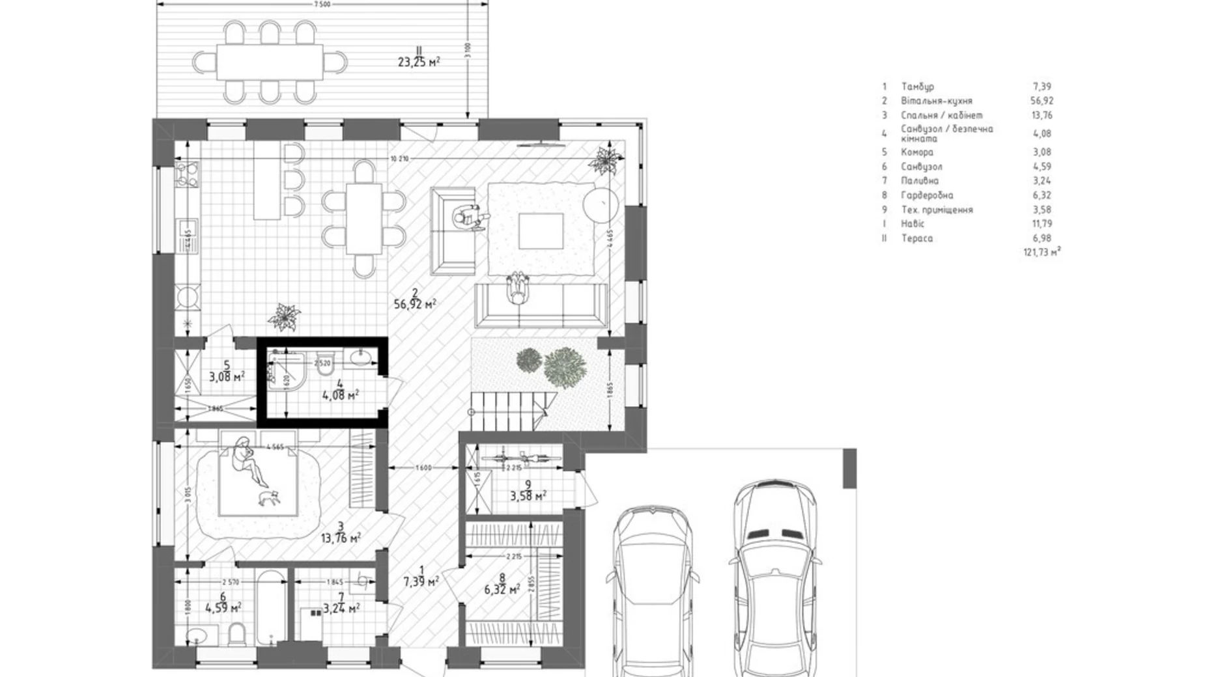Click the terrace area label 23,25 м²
418,62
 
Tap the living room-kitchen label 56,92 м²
414,304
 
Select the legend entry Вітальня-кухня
936,101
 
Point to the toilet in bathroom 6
237,633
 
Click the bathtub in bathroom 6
270,607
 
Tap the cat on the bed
268,498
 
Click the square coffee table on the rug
541,231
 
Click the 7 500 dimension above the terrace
322,4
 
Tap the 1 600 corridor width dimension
423,467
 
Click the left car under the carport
652,589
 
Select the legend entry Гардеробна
927,195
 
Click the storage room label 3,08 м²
227,377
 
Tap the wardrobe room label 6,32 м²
502,590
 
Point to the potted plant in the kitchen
284,317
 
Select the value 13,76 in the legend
1042,115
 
